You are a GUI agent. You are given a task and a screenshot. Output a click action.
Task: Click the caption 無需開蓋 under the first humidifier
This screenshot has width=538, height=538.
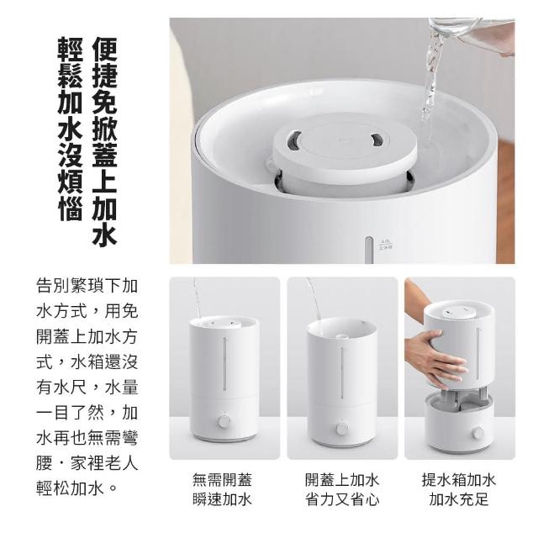click(222, 479)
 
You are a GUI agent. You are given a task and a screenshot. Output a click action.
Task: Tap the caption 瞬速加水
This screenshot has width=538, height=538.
click(222, 498)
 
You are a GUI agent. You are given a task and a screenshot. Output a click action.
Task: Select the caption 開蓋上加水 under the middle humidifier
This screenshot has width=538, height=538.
click(342, 479)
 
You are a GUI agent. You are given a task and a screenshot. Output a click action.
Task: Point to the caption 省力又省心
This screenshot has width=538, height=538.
click(342, 498)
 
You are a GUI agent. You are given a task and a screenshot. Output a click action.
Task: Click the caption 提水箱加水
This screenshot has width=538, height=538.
click(459, 479)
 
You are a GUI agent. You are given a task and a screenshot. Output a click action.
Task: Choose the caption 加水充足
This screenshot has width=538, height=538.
click(459, 498)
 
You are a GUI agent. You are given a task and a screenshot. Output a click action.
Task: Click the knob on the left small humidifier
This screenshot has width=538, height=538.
click(224, 421)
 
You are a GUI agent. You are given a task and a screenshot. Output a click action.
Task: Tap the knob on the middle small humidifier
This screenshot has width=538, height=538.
click(342, 428)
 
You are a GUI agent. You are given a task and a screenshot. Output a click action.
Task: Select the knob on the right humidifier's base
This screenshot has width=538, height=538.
click(477, 433)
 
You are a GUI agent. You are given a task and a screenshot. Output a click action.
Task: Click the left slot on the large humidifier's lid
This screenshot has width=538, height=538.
click(294, 140)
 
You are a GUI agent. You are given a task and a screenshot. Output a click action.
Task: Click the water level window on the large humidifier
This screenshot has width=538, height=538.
click(368, 250)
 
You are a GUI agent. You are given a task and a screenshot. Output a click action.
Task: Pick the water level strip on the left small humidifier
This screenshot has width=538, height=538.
click(224, 363)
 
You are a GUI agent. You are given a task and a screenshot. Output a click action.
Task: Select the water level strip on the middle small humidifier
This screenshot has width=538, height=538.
click(342, 373)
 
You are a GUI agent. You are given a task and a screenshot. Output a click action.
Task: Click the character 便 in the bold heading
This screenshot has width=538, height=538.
click(104, 50)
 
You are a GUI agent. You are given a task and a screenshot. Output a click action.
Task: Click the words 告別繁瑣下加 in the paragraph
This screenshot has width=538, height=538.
click(87, 286)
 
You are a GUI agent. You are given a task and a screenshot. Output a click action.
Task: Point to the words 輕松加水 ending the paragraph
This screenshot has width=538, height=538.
click(70, 488)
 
